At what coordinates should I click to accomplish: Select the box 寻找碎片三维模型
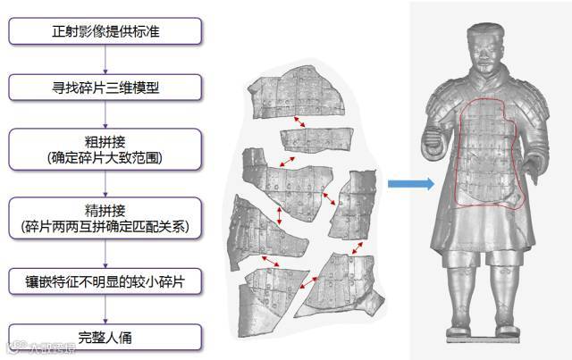[x=106, y=88]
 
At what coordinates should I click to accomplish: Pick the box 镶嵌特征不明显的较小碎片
[x=106, y=281]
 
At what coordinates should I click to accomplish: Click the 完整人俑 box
[x=106, y=339]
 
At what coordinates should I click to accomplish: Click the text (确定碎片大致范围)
[x=106, y=157]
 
